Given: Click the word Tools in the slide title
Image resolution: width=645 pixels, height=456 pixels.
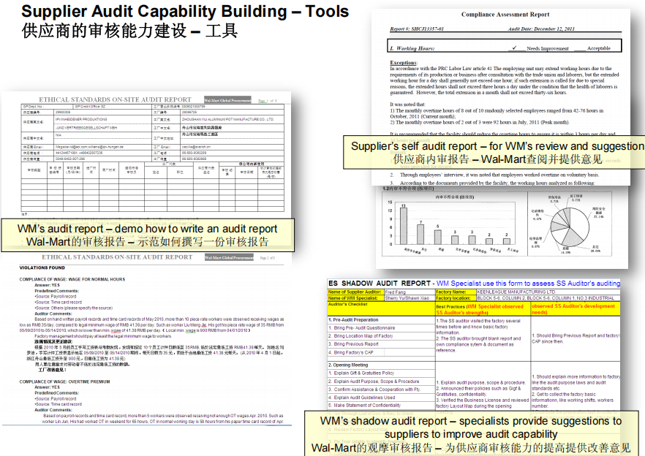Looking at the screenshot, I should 322,12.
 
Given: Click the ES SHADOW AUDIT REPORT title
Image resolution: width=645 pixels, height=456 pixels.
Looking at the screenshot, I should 380,283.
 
